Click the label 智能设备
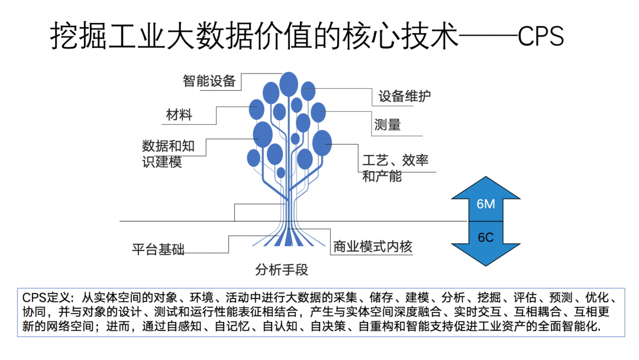209,81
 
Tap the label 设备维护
405,97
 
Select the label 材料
179,114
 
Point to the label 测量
388,125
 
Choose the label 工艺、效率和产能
395,168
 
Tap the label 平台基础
158,249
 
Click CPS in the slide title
540,37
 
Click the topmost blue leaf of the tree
289,84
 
